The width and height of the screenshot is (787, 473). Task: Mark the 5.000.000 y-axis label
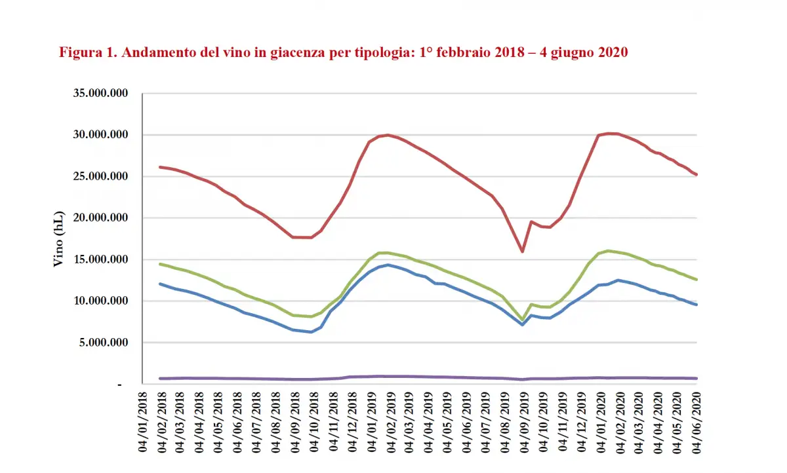pyautogui.click(x=103, y=343)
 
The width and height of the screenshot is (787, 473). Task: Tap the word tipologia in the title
pyautogui.click(x=373, y=53)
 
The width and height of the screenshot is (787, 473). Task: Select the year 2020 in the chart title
pyautogui.click(x=613, y=52)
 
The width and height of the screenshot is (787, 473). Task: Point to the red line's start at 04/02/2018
pyautogui.click(x=161, y=167)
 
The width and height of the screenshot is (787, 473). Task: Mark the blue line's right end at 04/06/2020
pyautogui.click(x=696, y=305)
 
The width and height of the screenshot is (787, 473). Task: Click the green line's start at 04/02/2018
pyautogui.click(x=161, y=264)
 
